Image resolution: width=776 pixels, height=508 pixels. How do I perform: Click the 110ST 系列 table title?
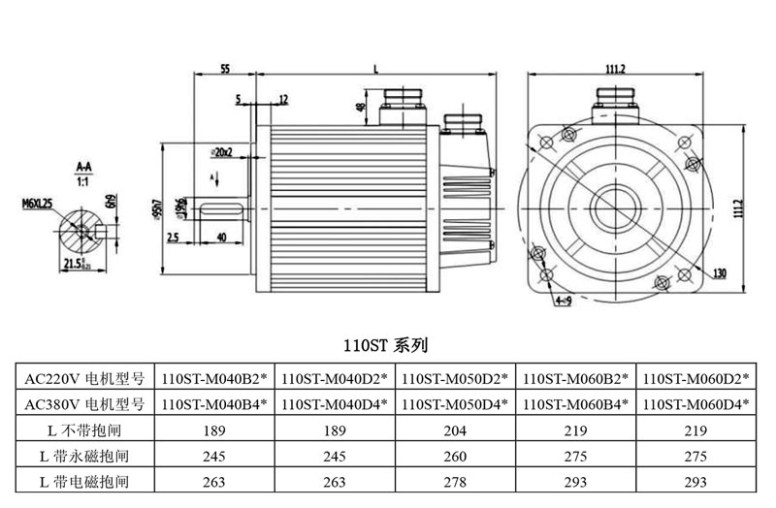point(385,344)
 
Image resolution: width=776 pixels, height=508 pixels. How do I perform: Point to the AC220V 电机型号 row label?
point(84,378)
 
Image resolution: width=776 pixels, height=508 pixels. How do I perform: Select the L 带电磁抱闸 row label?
point(84,480)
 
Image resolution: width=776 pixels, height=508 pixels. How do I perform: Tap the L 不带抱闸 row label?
point(84,429)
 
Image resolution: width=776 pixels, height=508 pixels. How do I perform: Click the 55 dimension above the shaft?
point(224,69)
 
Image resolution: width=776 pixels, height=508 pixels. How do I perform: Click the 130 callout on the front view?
point(719,274)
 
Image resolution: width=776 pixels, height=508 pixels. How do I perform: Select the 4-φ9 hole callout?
point(563,302)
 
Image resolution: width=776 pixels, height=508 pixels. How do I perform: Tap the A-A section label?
point(83,167)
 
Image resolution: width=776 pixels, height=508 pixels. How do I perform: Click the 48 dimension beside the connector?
point(360,108)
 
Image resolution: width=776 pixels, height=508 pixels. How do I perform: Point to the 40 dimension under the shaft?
point(221,237)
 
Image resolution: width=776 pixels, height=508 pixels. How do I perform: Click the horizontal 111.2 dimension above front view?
point(615,69)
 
